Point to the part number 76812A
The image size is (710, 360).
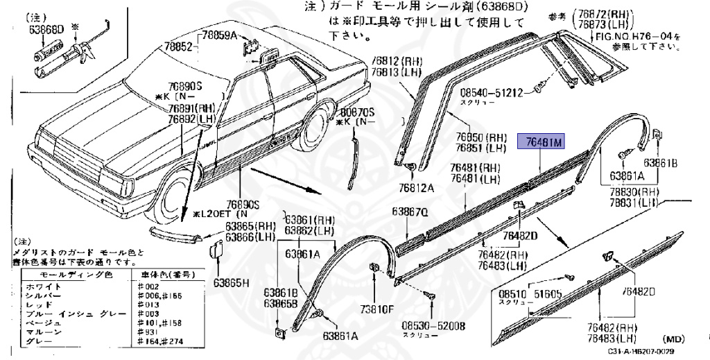(416, 187)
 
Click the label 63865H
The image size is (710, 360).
(231, 282)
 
